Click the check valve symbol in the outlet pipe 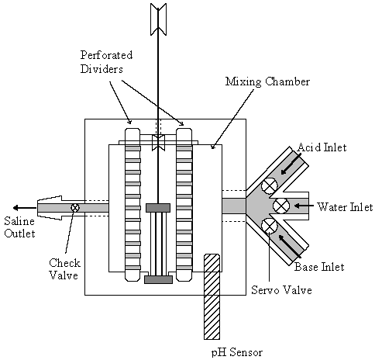(x=75, y=207)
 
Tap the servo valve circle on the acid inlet (x=269, y=185)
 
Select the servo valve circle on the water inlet (x=281, y=206)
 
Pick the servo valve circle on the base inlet (x=270, y=226)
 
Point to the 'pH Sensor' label (x=237, y=352)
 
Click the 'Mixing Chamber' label (x=267, y=81)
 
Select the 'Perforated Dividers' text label (x=106, y=62)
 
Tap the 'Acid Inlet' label (x=322, y=147)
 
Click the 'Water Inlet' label (x=345, y=207)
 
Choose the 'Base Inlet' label (x=319, y=267)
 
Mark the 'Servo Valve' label (x=281, y=290)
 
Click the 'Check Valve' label (x=64, y=269)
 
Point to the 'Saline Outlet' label (x=19, y=227)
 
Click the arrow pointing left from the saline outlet (x=25, y=208)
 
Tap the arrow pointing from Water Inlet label (x=304, y=206)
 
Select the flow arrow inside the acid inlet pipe (x=291, y=164)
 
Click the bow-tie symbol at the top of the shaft (x=158, y=19)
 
